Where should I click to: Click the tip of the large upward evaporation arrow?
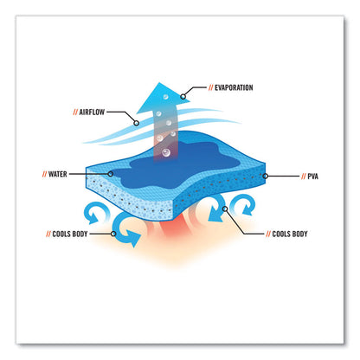159,83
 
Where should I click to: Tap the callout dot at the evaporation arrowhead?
183,96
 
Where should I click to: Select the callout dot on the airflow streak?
137,123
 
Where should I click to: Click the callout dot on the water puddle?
110,174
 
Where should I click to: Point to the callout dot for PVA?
266,176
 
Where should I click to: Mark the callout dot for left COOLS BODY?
113,234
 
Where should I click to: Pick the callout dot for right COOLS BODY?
225,209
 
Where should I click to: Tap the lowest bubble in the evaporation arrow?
166,152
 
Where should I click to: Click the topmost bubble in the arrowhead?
165,97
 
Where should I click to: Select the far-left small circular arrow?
95,213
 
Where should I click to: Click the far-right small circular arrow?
245,205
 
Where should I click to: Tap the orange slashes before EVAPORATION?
211,87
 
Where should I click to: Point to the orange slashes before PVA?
304,177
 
